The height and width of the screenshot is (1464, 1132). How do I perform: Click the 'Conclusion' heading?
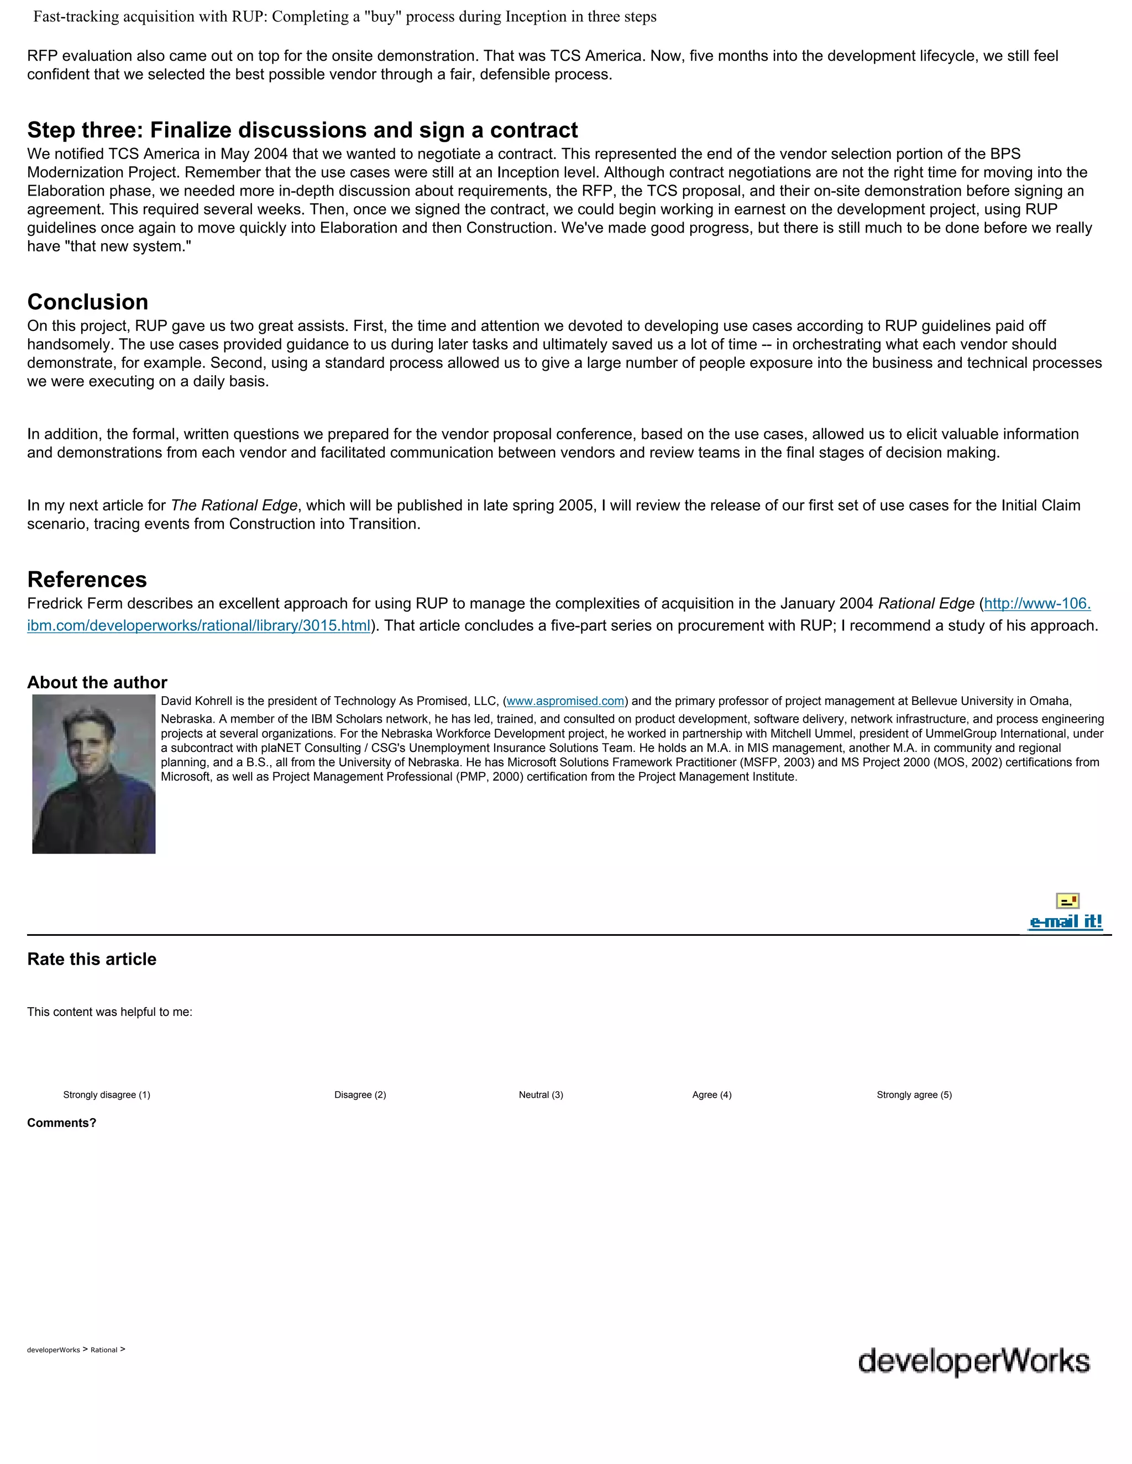tap(88, 302)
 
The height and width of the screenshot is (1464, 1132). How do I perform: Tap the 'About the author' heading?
tap(97, 682)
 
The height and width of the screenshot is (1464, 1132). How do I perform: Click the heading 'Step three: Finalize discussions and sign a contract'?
tap(302, 130)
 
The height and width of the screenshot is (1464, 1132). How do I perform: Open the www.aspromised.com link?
tap(565, 701)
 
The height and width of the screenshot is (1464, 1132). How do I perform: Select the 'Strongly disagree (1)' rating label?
tap(107, 1094)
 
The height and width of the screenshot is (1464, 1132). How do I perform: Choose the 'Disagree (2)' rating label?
tap(360, 1094)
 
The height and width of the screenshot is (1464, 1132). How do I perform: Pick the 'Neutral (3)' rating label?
tap(541, 1094)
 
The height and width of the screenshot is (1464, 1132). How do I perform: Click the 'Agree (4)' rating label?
tap(711, 1094)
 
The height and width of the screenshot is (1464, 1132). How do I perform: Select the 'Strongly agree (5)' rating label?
tap(914, 1094)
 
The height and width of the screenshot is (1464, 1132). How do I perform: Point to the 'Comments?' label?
tap(62, 1123)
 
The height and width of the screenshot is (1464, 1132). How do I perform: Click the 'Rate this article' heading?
tap(92, 959)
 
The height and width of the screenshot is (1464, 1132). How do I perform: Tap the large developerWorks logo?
tap(974, 1361)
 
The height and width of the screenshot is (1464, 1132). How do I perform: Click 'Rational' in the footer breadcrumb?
tap(104, 1350)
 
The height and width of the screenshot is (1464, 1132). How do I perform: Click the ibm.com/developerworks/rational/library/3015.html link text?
tap(198, 626)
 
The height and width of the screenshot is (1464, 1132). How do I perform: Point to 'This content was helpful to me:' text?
tap(109, 1012)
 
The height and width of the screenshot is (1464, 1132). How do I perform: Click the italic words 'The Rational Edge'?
tap(234, 505)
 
